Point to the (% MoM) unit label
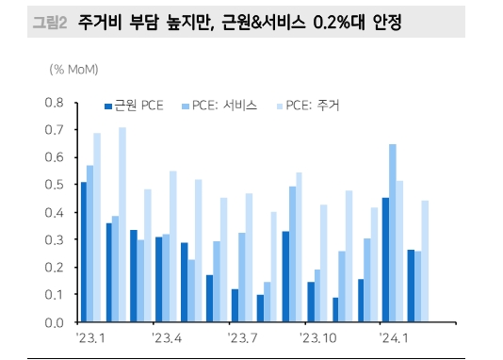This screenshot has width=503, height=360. click(x=73, y=69)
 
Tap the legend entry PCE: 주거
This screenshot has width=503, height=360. click(x=310, y=106)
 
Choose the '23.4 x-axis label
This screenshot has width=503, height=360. click(x=166, y=337)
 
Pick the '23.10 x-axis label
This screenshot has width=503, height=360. click(x=318, y=337)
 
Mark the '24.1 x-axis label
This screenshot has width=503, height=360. click(x=393, y=337)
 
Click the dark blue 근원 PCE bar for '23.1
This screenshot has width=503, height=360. click(x=83, y=252)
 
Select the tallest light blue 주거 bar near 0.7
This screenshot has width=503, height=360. click(x=122, y=224)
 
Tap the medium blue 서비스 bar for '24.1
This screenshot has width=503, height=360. click(x=392, y=233)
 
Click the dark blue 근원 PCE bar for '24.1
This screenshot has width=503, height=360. click(x=384, y=259)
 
